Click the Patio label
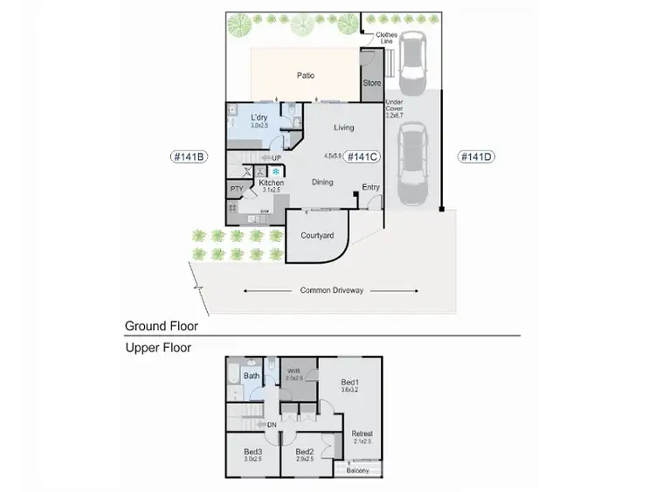pyautogui.click(x=305, y=76)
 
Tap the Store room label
pyautogui.click(x=372, y=84)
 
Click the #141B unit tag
pyautogui.click(x=188, y=157)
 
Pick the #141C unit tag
pyautogui.click(x=362, y=157)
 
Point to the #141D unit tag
pyautogui.click(x=477, y=157)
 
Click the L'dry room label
pyautogui.click(x=259, y=117)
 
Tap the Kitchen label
pyautogui.click(x=272, y=183)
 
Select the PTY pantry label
pyautogui.click(x=237, y=189)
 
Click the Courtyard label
pyautogui.click(x=316, y=236)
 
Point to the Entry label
pyautogui.click(x=371, y=187)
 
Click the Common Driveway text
pyautogui.click(x=331, y=290)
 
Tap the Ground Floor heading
pyautogui.click(x=162, y=326)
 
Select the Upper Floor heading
pyautogui.click(x=158, y=348)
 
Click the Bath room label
pyautogui.click(x=252, y=377)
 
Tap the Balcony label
pyautogui.click(x=358, y=471)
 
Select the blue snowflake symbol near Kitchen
pyautogui.click(x=276, y=172)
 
